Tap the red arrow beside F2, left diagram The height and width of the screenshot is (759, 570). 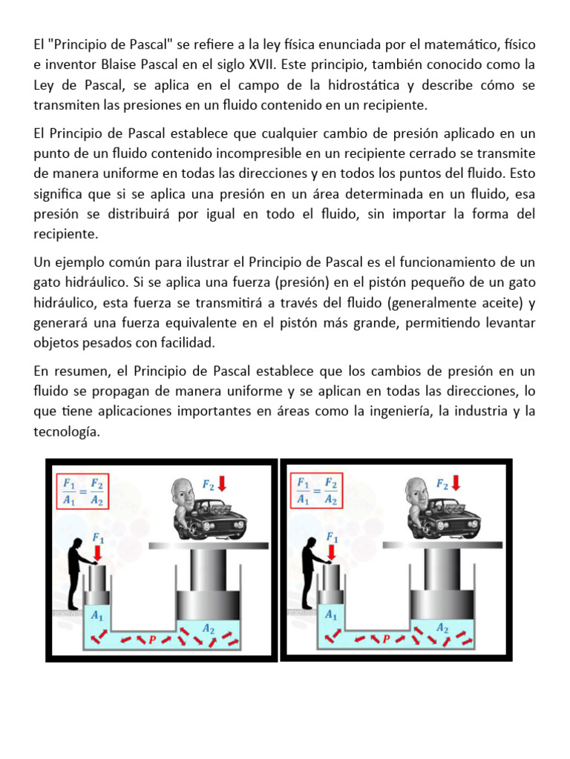pyautogui.click(x=222, y=484)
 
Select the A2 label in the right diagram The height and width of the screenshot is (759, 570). pyautogui.click(x=442, y=627)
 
